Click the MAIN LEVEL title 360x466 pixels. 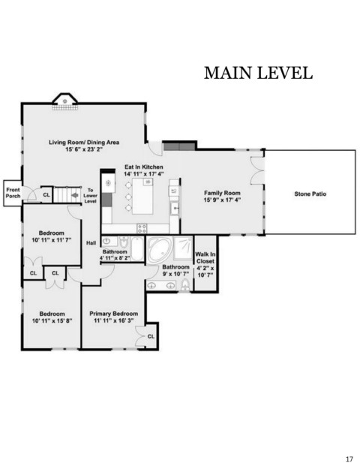coord(258,73)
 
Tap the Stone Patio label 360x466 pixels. coord(310,194)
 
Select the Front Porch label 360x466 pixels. coord(13,193)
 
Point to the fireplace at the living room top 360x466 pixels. coord(65,101)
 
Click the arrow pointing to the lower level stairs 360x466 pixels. coord(74,195)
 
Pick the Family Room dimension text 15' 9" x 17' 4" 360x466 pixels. coord(222,200)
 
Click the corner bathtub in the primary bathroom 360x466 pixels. coord(160,250)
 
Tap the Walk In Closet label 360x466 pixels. coord(205,257)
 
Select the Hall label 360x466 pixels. coord(91,243)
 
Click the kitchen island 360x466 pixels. coord(142,196)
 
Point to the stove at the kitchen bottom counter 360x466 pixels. coord(142,229)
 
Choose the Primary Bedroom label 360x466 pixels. coord(114,314)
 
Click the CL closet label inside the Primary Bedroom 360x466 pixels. coord(151,336)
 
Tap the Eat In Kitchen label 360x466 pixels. coord(144,167)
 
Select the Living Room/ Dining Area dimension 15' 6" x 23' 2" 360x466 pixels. coord(84,149)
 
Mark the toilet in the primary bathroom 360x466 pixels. coord(185,284)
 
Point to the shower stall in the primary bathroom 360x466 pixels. coord(183,248)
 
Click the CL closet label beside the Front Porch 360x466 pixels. coord(46,195)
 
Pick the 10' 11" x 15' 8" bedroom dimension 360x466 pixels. coord(52,320)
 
